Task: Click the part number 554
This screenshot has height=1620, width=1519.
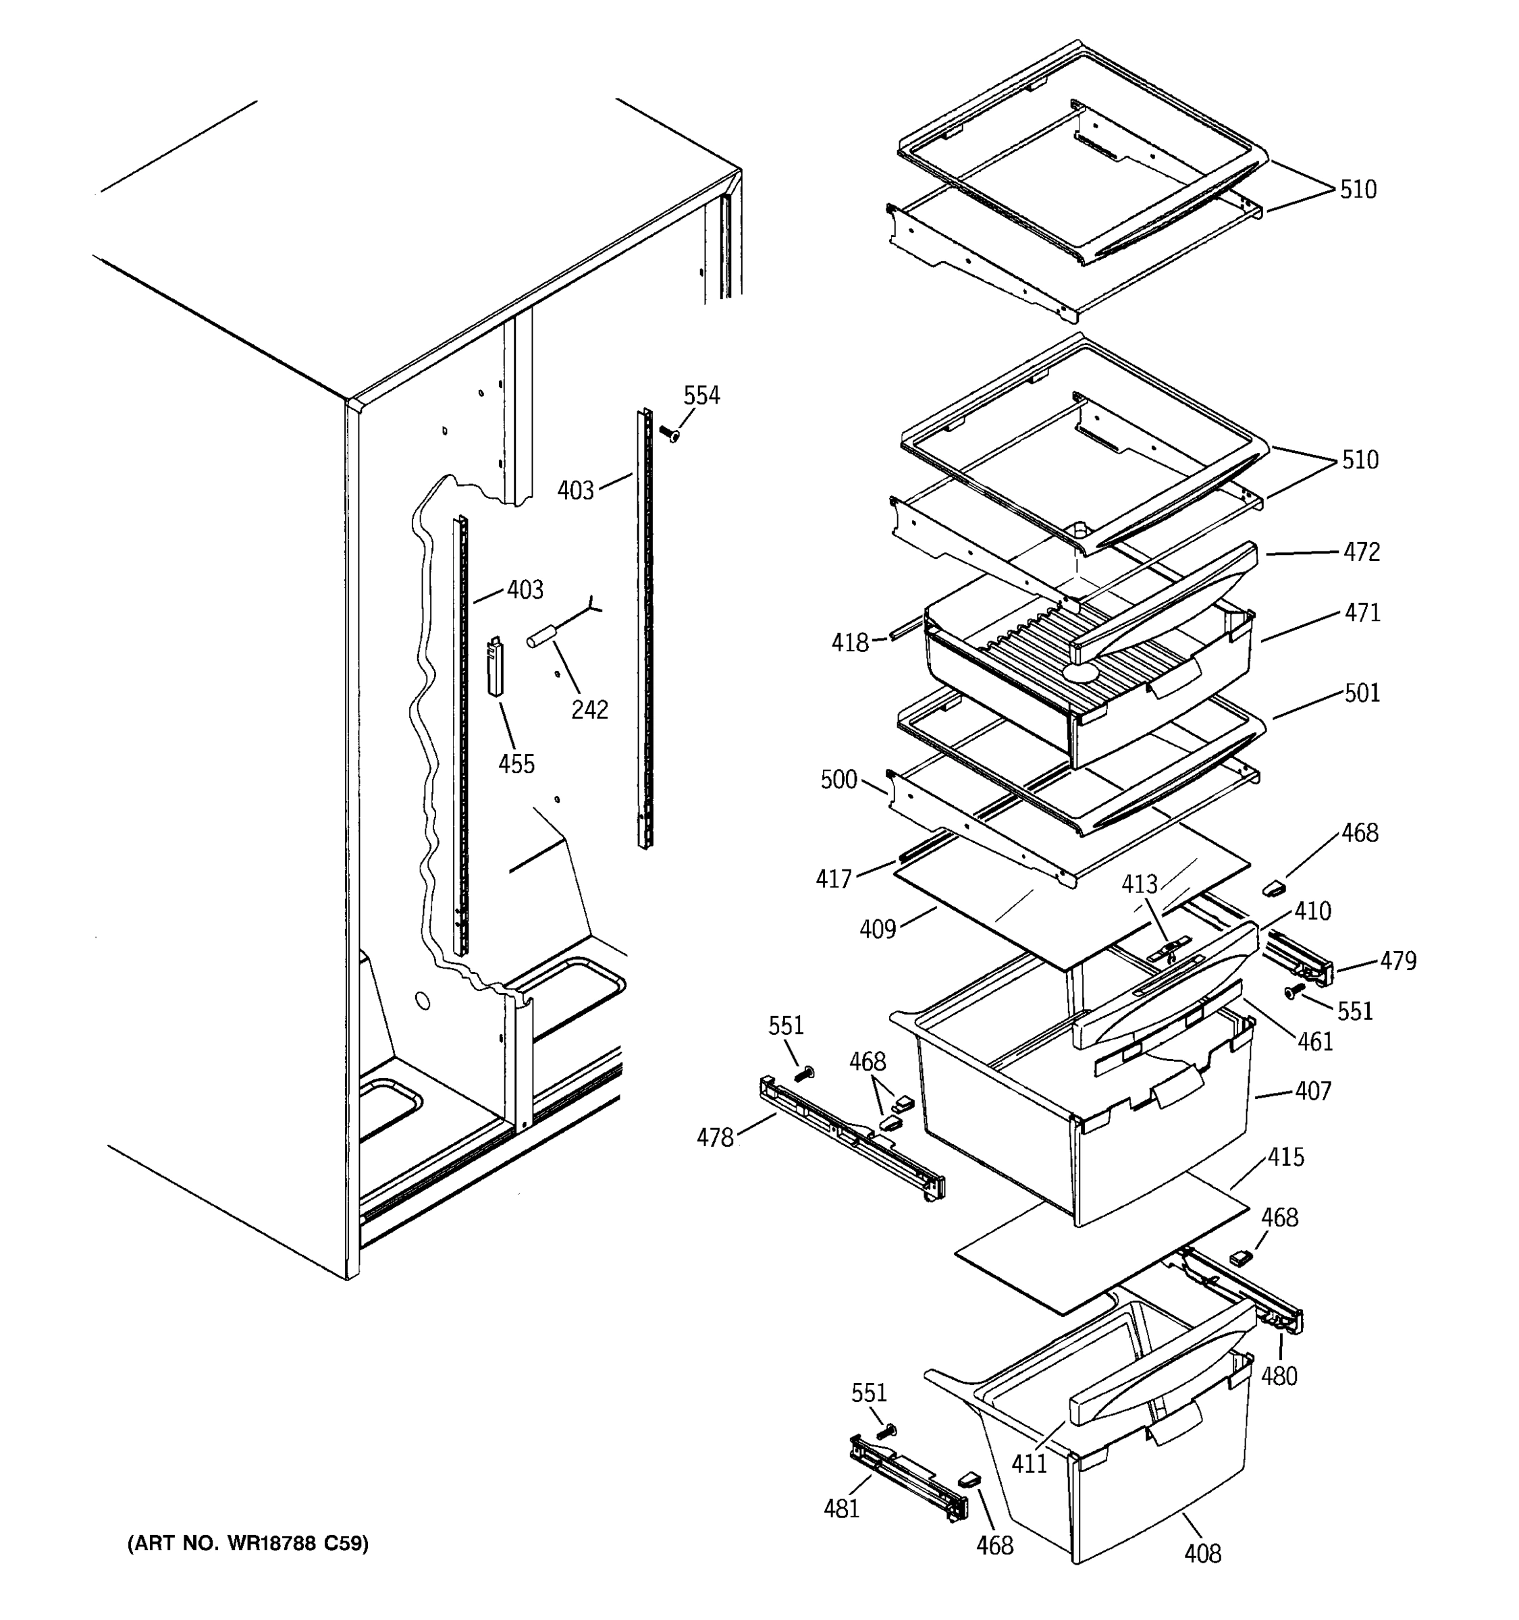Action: (x=701, y=396)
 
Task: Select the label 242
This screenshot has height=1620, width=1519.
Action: (x=589, y=710)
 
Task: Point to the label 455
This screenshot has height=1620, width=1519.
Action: (x=516, y=764)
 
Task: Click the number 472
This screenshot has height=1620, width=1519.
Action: (x=1362, y=553)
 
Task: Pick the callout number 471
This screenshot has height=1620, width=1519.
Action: (x=1362, y=613)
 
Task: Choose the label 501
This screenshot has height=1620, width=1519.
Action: (x=1362, y=693)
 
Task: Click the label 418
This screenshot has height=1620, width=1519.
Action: (x=850, y=643)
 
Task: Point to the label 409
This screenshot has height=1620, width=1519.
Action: (x=878, y=929)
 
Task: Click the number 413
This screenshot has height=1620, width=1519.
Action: (x=1140, y=884)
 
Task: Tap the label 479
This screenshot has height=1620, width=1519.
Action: (x=1398, y=962)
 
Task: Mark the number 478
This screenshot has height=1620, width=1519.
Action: (x=715, y=1137)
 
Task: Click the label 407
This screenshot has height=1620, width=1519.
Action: (x=1314, y=1091)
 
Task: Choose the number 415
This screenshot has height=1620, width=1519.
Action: (x=1286, y=1157)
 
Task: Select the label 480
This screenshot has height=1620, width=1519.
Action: (x=1279, y=1376)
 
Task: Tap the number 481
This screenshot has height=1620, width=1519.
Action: (x=842, y=1509)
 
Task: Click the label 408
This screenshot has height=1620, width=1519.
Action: (x=1203, y=1554)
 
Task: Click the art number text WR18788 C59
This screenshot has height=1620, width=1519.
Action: (x=248, y=1544)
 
